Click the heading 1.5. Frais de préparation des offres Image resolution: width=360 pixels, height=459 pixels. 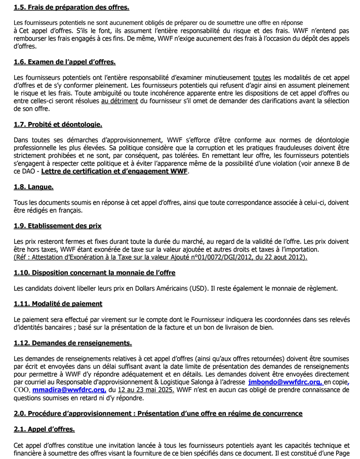(71, 8)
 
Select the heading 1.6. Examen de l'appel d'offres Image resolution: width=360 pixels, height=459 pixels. (65, 62)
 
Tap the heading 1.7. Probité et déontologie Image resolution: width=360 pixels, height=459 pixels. (58, 124)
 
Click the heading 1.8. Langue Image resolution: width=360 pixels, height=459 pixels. (34, 187)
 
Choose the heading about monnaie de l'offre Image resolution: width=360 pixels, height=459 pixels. (95, 273)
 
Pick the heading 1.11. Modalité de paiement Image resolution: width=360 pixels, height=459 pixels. (58, 304)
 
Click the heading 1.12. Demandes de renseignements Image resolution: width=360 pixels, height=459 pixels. (73, 343)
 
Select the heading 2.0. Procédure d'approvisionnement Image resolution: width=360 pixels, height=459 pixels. (158, 413)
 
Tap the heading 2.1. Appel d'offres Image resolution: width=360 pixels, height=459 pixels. (45, 429)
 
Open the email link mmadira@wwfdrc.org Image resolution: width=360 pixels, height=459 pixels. (69, 390)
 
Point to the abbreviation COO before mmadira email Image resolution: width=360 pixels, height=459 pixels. (22, 390)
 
